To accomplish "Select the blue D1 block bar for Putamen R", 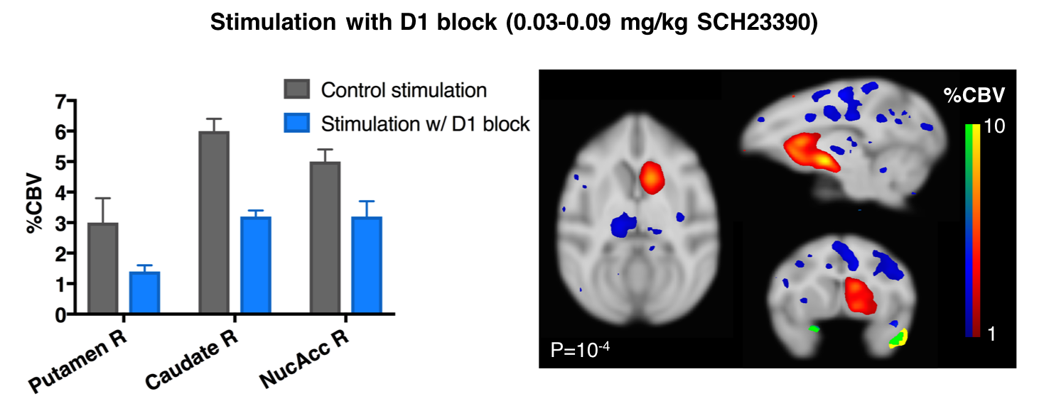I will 144,292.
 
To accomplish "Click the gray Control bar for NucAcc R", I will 325,237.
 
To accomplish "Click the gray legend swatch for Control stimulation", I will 296,90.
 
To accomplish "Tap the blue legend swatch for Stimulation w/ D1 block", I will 296,124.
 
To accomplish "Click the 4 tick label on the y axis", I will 61,193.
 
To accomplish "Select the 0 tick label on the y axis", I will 61,314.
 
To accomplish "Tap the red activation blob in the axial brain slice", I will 650,177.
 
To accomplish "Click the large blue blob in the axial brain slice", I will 623,225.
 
